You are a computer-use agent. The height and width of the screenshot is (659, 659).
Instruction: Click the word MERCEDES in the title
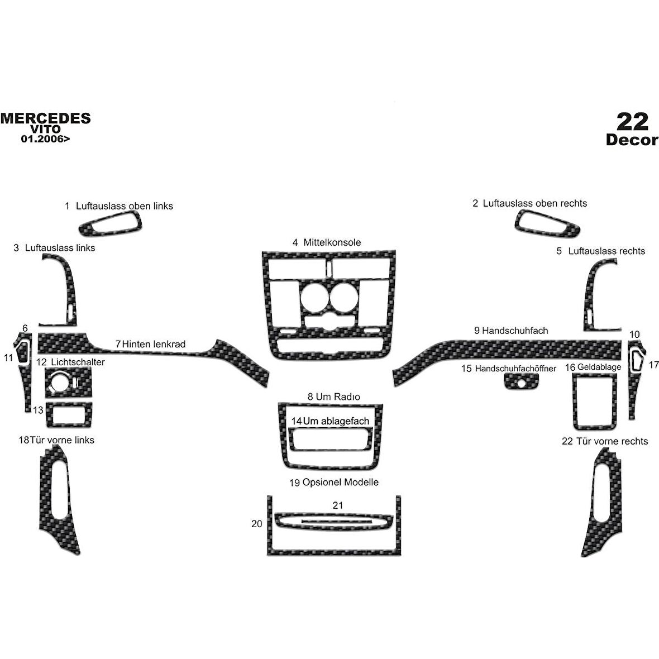(x=45, y=118)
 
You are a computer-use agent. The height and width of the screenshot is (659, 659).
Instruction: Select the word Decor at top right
(x=632, y=140)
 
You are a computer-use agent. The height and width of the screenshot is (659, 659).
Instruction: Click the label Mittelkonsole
(x=332, y=242)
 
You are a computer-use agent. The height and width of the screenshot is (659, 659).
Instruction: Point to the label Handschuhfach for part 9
(x=515, y=331)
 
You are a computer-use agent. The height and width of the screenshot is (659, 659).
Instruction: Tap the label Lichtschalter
(x=78, y=362)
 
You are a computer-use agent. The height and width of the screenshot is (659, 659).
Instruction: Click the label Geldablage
(x=599, y=367)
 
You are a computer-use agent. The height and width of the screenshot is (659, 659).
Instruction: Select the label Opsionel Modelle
(x=341, y=482)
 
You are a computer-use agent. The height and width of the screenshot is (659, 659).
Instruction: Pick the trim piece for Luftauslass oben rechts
(x=546, y=223)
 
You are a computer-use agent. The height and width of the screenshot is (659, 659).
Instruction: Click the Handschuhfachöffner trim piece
(x=521, y=381)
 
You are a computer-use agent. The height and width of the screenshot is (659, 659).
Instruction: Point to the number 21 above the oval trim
(x=337, y=505)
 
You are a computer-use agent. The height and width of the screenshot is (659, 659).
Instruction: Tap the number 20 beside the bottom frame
(x=257, y=524)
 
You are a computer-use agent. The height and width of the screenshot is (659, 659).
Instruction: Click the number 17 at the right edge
(x=653, y=365)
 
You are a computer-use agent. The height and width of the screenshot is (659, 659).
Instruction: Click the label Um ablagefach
(x=336, y=421)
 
